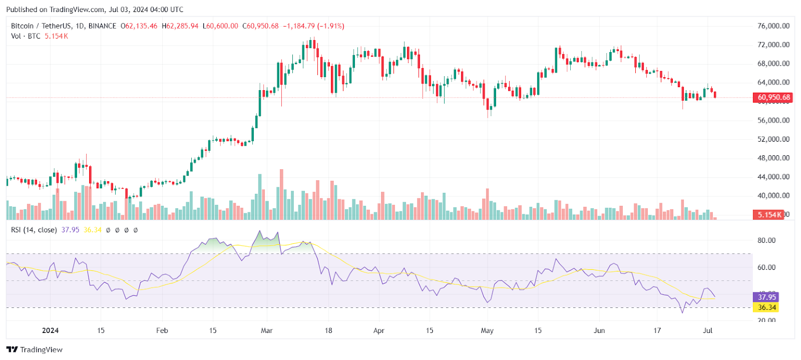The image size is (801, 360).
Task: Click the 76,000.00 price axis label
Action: (773, 26)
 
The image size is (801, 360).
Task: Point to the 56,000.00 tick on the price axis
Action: (773, 120)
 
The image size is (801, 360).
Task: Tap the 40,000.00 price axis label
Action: (773, 195)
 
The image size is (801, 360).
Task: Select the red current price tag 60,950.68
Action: (773, 97)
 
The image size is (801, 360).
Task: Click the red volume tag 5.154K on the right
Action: (768, 214)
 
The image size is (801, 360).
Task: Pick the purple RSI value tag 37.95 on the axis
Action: (766, 297)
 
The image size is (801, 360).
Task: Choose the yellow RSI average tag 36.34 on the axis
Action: (766, 307)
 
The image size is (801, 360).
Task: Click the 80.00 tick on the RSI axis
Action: (766, 240)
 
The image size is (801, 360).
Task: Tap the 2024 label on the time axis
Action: (50, 330)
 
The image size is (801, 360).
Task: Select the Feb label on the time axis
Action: (162, 330)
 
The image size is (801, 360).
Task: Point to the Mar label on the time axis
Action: (267, 330)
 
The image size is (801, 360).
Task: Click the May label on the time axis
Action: (487, 330)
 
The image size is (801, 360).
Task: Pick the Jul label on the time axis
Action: (707, 330)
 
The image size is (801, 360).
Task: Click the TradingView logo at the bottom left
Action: (35, 349)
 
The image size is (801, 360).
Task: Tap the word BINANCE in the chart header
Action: (102, 26)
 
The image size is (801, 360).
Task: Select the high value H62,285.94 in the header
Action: (180, 26)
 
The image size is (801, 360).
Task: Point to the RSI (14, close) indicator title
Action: (34, 230)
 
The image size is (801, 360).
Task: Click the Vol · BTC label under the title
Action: (26, 36)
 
